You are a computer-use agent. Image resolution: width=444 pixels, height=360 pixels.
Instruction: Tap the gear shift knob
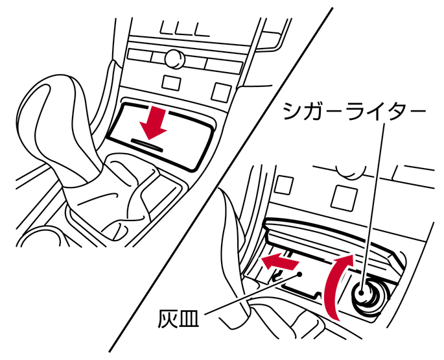coord(56,125)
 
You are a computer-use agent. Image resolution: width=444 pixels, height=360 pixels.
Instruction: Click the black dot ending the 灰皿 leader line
coord(299,274)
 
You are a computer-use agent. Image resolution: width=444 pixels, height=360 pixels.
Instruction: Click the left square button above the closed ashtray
coord(171,82)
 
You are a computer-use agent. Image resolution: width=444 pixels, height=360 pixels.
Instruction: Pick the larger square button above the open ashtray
coord(344,198)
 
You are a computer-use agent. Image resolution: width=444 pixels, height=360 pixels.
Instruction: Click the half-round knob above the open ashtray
coord(351,171)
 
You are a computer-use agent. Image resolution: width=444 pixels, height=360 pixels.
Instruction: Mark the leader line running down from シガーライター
coord(373,207)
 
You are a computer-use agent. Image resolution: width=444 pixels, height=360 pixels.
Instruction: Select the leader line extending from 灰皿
coord(252,294)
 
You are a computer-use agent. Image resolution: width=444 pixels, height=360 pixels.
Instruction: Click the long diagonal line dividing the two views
coord(221,180)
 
